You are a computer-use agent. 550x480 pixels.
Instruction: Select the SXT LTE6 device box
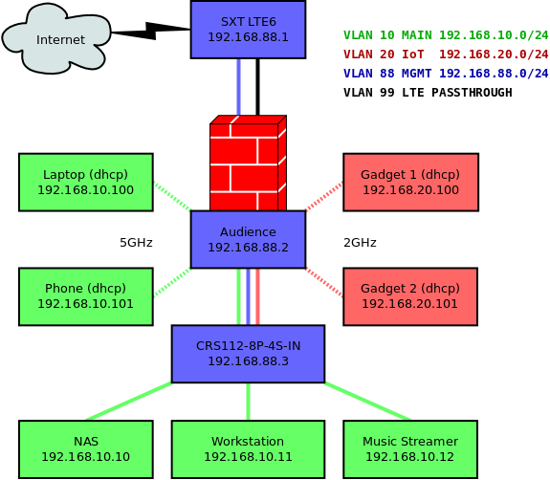[x=248, y=29]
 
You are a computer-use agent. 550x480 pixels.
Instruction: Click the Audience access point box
[x=248, y=239]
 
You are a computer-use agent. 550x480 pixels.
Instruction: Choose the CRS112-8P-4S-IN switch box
[x=248, y=354]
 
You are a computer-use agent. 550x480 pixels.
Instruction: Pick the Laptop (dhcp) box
[x=86, y=182]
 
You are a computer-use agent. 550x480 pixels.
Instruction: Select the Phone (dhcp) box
[x=86, y=296]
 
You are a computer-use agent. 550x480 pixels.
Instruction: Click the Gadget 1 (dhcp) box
[x=410, y=182]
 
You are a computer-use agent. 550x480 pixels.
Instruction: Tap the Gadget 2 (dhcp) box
[x=410, y=296]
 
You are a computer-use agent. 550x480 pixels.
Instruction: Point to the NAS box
[x=86, y=449]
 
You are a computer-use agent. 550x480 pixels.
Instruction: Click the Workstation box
[x=248, y=449]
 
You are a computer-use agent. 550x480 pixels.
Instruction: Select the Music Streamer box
[x=410, y=449]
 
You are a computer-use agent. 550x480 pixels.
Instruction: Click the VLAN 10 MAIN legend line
[x=446, y=35]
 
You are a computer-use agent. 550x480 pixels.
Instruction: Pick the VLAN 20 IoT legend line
[x=446, y=55]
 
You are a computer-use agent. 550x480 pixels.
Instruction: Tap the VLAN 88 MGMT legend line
[x=446, y=74]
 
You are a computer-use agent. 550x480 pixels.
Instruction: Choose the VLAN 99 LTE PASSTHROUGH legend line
[x=428, y=93]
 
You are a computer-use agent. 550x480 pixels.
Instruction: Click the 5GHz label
[x=136, y=243]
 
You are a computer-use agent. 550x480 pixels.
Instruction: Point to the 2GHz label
[x=360, y=243]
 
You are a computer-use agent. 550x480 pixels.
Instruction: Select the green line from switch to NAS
[x=129, y=401]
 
